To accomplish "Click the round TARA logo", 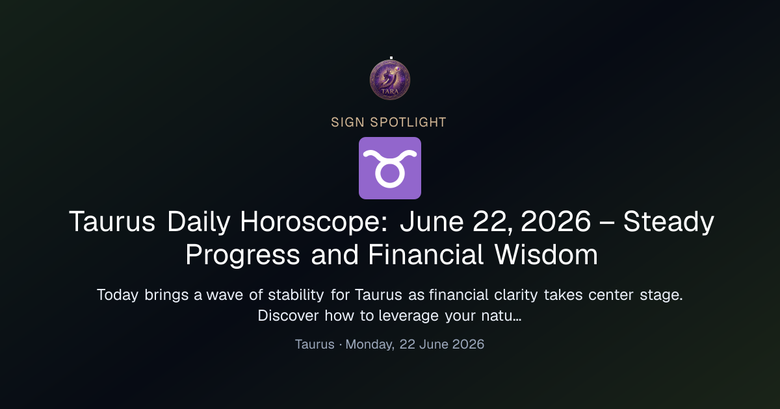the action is (x=390, y=80).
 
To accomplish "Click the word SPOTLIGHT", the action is (x=408, y=123).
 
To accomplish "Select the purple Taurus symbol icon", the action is (x=390, y=168).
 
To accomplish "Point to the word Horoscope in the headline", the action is (x=314, y=222).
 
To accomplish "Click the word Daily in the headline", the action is (x=198, y=221).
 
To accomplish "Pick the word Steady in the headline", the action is (x=669, y=222).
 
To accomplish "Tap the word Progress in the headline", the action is (x=242, y=255).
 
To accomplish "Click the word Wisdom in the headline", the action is (x=546, y=254).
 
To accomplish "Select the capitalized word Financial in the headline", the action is (x=426, y=254).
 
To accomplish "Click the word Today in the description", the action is (x=118, y=295).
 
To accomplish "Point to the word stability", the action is (x=296, y=295).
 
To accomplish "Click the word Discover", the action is (x=289, y=316).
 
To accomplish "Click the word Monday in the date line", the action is (x=370, y=345).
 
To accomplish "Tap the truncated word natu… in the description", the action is (x=501, y=316).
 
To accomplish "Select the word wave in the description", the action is (x=225, y=295).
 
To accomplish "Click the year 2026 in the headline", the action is (x=556, y=221).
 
